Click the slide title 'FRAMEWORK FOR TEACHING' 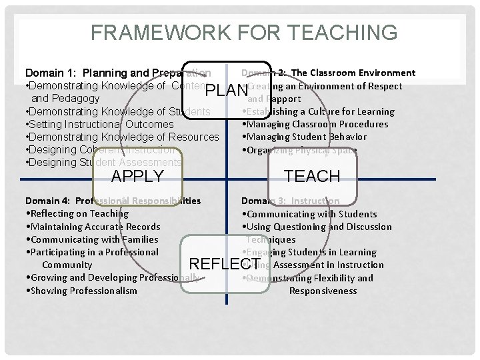(x=244, y=32)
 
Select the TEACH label (x=312, y=176)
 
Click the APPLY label (x=137, y=176)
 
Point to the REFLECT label (x=225, y=264)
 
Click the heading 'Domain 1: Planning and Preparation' (x=118, y=73)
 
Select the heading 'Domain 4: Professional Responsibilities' (x=113, y=201)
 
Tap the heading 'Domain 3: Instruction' (x=290, y=201)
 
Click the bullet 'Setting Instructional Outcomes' (x=100, y=124)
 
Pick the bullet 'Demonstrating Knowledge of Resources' (x=123, y=137)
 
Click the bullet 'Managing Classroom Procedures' (x=317, y=124)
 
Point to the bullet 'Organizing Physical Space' (x=301, y=150)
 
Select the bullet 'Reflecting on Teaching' (x=77, y=213)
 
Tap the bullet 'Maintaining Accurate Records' (x=93, y=227)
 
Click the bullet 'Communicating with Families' (x=93, y=239)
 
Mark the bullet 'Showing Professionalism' (x=81, y=291)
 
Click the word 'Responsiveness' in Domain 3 (x=323, y=291)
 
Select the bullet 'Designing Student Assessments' (x=103, y=162)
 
